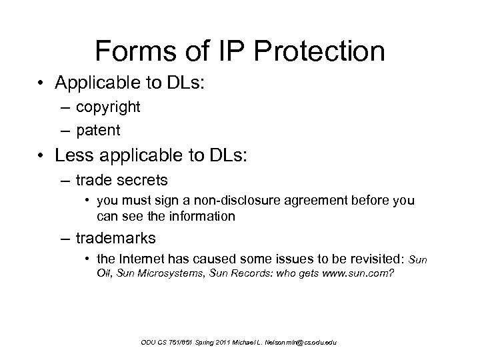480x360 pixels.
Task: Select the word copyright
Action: [x=108, y=106]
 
